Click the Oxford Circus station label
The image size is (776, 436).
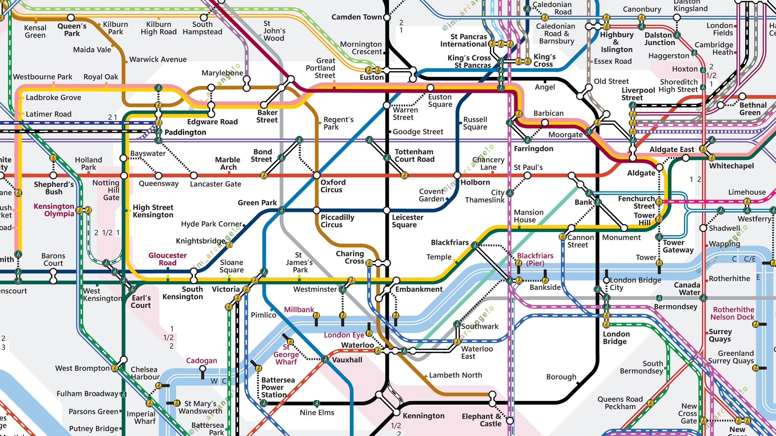coord(333,186)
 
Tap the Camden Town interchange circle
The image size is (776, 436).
coord(387,17)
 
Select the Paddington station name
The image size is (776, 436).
coord(185,132)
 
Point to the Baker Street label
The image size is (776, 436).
coord(267,116)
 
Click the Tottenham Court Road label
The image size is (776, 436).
coord(414,156)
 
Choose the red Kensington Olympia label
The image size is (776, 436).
coord(54,210)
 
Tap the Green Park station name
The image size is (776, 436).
coord(257,203)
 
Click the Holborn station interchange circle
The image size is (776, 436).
coord(457,175)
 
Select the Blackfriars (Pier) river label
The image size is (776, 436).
coord(535,259)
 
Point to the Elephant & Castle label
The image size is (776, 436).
coord(481,420)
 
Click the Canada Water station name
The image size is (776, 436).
coord(687,288)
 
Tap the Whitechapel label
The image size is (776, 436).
coord(731,166)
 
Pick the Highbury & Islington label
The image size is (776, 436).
coord(616,42)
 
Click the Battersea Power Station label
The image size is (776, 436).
coord(278,387)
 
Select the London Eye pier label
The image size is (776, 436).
coord(344,335)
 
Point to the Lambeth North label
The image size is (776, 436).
coord(455,375)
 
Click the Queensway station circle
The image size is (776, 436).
coord(158,176)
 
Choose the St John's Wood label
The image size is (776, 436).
coord(274,31)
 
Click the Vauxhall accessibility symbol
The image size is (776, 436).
coord(325,360)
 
